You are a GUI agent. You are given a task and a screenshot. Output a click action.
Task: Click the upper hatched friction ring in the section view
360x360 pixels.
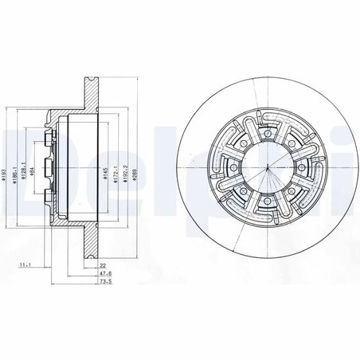[90, 92]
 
